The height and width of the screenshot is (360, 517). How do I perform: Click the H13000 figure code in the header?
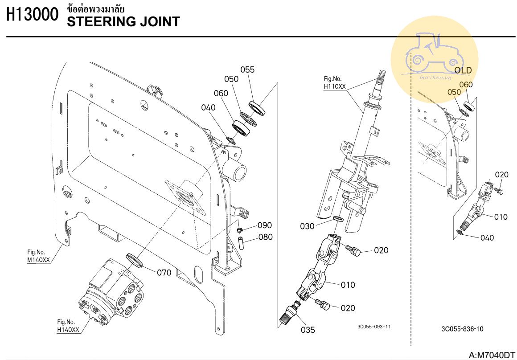[32, 16]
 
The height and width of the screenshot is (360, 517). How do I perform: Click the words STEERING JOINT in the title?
[123, 21]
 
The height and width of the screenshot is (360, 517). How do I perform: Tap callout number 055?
[247, 70]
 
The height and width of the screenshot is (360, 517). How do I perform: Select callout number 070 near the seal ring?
[164, 273]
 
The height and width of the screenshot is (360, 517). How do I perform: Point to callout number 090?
[265, 225]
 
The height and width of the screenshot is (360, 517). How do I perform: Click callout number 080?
[266, 237]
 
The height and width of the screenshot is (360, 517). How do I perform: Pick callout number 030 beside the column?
[307, 226]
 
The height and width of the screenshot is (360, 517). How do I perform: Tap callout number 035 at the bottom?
[308, 330]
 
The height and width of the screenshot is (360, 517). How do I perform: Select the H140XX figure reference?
[68, 330]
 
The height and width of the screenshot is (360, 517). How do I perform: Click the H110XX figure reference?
[335, 86]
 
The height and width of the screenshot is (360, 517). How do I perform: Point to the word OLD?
[463, 70]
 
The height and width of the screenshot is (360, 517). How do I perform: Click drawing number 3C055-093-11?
[374, 327]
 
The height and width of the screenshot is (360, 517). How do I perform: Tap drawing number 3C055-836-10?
[462, 329]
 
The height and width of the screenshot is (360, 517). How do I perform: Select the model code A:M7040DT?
[492, 355]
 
